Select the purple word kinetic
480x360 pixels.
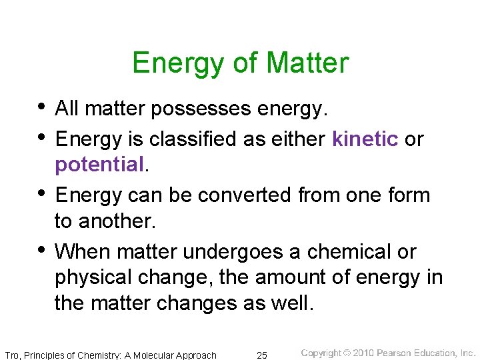[365, 139]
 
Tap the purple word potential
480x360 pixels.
[99, 164]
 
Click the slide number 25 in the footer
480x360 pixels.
[262, 355]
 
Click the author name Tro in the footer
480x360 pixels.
[12, 355]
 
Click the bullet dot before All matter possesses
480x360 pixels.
[42, 106]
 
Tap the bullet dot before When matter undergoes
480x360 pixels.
[42, 249]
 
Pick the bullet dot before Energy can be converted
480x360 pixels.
[42, 193]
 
